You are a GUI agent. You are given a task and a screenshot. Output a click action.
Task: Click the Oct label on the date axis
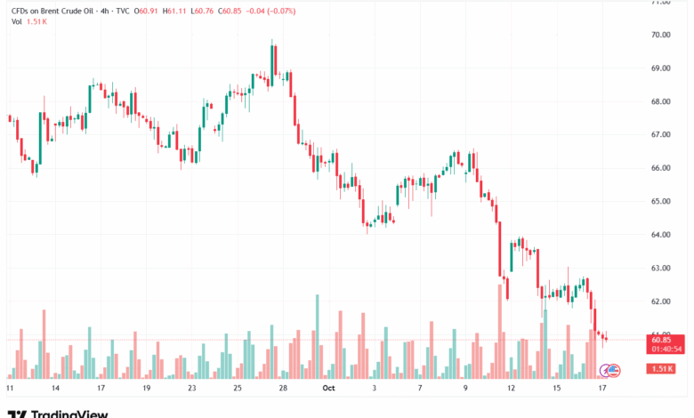[328, 389]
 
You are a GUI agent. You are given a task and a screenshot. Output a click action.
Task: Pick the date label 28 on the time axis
[283, 389]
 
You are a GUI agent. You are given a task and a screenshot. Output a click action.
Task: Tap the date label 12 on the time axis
[512, 389]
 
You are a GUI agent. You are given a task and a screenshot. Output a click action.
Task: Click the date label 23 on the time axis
[191, 389]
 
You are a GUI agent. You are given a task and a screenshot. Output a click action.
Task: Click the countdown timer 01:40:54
[665, 349]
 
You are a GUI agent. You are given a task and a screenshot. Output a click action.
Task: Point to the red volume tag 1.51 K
[662, 368]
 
